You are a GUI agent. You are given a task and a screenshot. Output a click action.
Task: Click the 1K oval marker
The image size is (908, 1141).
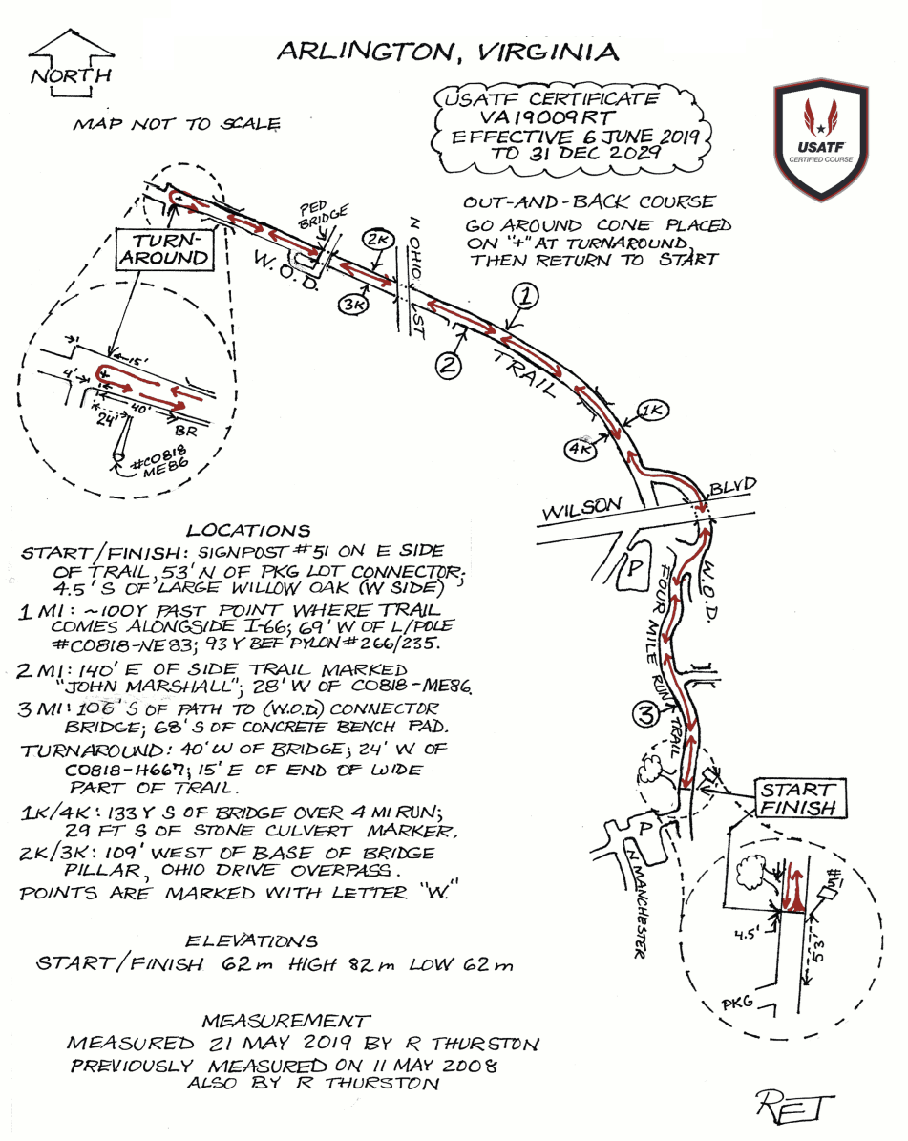(655, 410)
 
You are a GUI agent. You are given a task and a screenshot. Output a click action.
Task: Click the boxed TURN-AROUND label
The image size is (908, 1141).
(165, 249)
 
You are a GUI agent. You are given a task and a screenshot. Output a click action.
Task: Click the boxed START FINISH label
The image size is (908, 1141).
(798, 799)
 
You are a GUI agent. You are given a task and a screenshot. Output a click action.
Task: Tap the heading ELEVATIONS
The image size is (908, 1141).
(260, 940)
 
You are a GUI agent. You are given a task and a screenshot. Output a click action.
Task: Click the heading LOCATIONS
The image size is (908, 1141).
(248, 531)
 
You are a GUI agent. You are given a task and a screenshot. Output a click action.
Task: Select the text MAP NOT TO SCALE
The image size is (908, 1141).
(177, 124)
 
